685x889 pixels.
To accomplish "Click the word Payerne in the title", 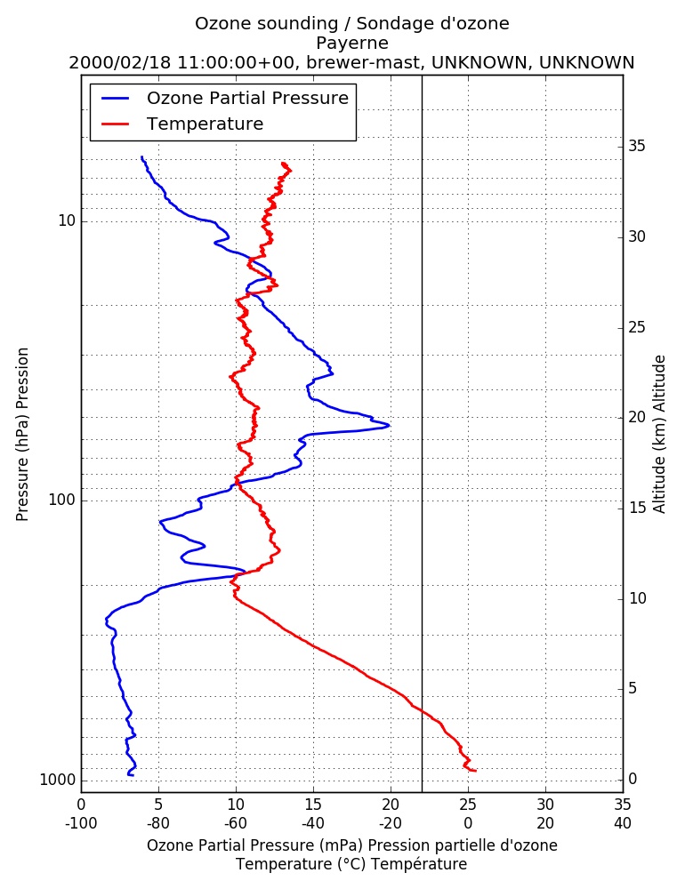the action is click(x=352, y=43).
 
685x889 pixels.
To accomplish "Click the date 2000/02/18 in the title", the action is click(x=120, y=62).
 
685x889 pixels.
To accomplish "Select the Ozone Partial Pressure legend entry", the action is click(x=225, y=98).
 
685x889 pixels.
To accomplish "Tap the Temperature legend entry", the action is click(x=182, y=124).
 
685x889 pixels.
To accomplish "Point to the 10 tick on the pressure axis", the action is click(x=67, y=220).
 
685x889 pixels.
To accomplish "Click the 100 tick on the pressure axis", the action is click(x=62, y=500).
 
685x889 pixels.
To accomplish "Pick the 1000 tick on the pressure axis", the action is click(x=58, y=781).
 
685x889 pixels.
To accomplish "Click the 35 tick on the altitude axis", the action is click(x=637, y=147).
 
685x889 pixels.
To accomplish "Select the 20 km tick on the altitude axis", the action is click(x=637, y=417).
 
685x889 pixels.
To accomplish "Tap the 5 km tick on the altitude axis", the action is click(x=633, y=688).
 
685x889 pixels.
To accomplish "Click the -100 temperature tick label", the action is click(x=81, y=823).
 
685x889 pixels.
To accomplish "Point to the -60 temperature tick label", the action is click(x=236, y=823).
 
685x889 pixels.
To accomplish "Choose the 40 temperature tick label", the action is click(x=623, y=823).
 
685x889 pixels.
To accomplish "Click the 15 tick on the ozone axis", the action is click(x=313, y=805).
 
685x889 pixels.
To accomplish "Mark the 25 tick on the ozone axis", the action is click(x=468, y=805).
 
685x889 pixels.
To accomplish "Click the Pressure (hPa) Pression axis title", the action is click(x=22, y=435).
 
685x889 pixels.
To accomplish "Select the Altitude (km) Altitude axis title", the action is click(x=659, y=435).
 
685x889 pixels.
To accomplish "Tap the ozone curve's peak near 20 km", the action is click(x=390, y=425).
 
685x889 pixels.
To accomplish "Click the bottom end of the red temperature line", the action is click(x=476, y=771).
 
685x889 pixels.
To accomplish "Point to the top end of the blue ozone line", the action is click(x=141, y=156).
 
